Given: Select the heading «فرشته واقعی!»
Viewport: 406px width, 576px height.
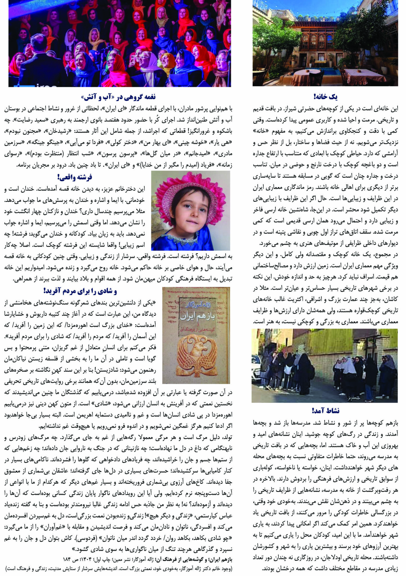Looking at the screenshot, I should (75, 177).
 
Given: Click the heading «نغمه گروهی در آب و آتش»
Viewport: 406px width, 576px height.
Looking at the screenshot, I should (118, 97).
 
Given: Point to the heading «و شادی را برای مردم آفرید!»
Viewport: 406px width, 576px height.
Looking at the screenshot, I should (80, 291).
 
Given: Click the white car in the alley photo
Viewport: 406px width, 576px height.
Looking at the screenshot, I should (256, 363).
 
